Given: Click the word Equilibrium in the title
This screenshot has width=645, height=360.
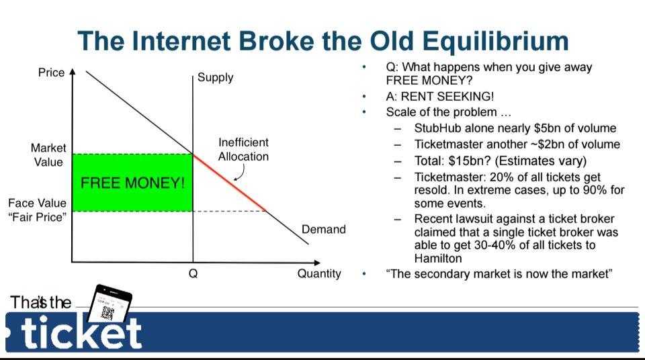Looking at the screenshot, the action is pos(496,42).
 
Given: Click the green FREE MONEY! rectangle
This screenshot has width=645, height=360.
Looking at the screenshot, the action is pos(132,183).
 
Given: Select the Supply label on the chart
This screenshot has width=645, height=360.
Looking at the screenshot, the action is pos(215,77).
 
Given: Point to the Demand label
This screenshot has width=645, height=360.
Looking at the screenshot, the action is pos(324,229).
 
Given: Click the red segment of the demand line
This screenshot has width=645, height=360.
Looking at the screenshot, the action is pos(229,182).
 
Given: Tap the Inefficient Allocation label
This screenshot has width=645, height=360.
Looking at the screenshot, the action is pos(243,149).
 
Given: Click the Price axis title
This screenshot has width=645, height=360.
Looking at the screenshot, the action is pos(52,73).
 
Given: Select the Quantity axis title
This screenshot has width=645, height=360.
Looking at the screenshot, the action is pos(319,273).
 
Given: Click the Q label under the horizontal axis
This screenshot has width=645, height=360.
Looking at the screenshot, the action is pos(193,273).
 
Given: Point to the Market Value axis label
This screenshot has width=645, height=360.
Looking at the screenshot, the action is pos(48,154).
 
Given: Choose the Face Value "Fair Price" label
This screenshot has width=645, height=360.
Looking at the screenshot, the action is pos(38,210).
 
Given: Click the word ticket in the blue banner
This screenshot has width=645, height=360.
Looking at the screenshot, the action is pos(81,332).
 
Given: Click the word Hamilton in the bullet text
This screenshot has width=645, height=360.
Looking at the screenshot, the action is pos(438,259).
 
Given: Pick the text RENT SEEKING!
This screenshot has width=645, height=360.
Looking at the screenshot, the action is pos(447,96).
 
